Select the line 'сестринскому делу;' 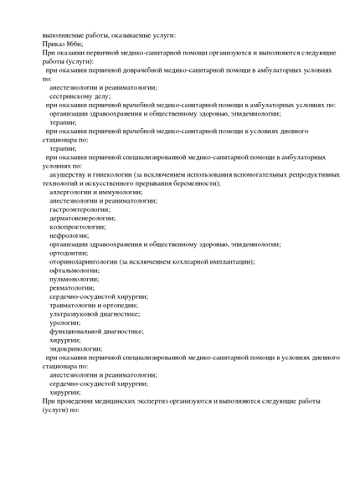tap(80, 96)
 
